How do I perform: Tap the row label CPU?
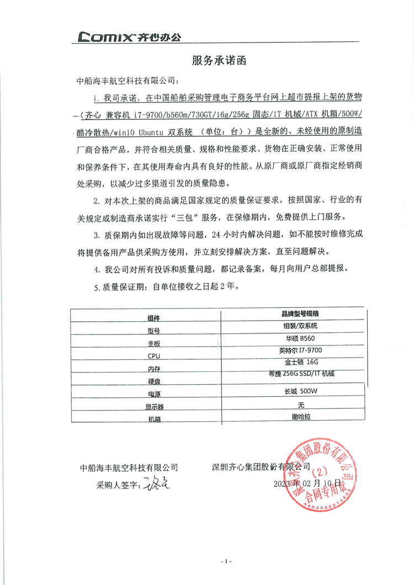[154, 356]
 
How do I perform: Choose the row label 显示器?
[155, 407]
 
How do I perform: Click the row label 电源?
[154, 395]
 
